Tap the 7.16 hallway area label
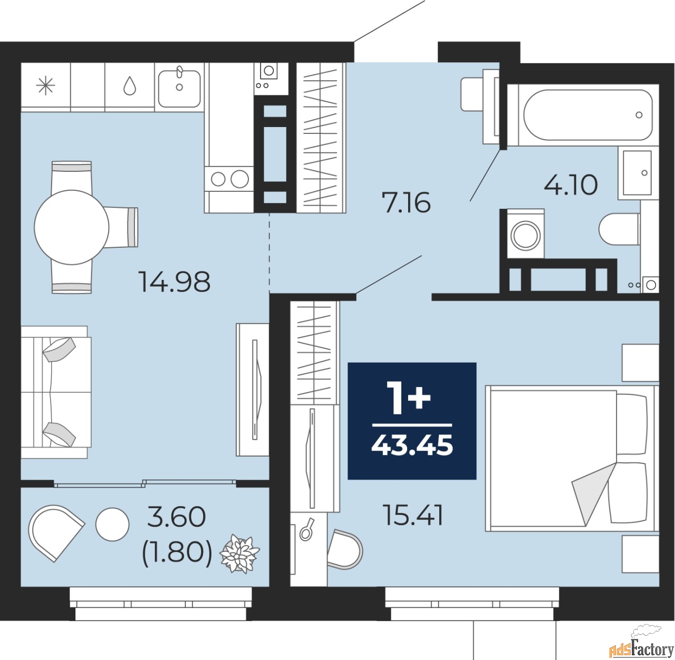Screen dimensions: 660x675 (407, 202)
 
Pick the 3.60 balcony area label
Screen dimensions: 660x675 (176, 517)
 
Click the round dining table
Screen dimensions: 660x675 (72, 227)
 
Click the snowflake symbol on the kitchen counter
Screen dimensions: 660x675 (45, 86)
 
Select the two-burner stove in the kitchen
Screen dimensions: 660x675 (229, 179)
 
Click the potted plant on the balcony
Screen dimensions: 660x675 (239, 554)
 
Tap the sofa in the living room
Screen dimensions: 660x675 (55, 391)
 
